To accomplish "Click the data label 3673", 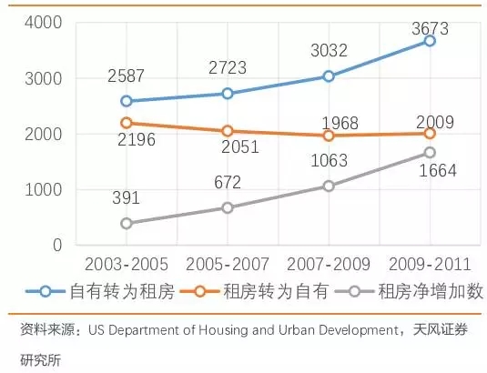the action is pyautogui.click(x=431, y=28).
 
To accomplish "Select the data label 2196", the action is pyautogui.click(x=137, y=139).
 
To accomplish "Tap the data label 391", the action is pyautogui.click(x=127, y=197).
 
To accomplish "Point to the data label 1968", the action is pyautogui.click(x=340, y=123).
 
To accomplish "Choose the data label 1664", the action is pyautogui.click(x=438, y=171).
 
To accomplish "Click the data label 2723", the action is pyautogui.click(x=228, y=68).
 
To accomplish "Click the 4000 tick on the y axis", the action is pyautogui.click(x=44, y=23).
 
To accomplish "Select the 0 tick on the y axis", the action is pyautogui.click(x=57, y=245).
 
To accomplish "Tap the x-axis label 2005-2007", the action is pyautogui.click(x=228, y=265).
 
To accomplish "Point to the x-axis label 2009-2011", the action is pyautogui.click(x=431, y=265).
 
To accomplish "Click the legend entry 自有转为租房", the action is pyautogui.click(x=122, y=292).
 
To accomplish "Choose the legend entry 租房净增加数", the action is pyautogui.click(x=431, y=292).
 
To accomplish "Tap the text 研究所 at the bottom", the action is pyautogui.click(x=41, y=360).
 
